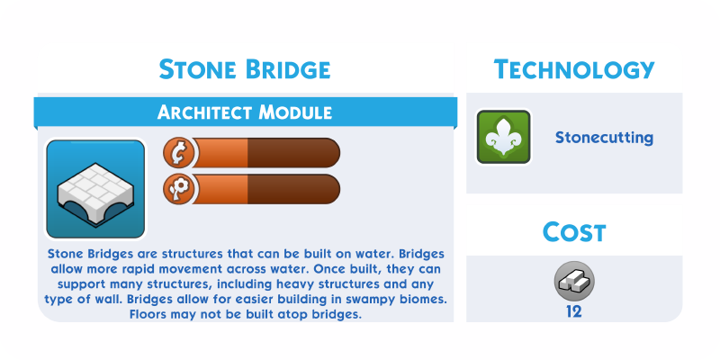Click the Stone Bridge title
click(x=245, y=69)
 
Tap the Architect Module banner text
click(x=245, y=112)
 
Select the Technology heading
click(x=574, y=69)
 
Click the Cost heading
click(x=574, y=232)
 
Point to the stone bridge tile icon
click(x=95, y=189)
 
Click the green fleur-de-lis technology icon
click(x=504, y=137)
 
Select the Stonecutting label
click(x=604, y=138)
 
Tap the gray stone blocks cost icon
click(x=574, y=282)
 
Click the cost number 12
click(x=574, y=312)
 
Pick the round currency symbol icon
click(x=178, y=152)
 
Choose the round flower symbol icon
click(x=178, y=189)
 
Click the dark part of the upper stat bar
click(x=294, y=152)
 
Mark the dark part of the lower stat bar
click(x=294, y=189)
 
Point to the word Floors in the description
click(x=148, y=314)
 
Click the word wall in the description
click(x=109, y=300)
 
